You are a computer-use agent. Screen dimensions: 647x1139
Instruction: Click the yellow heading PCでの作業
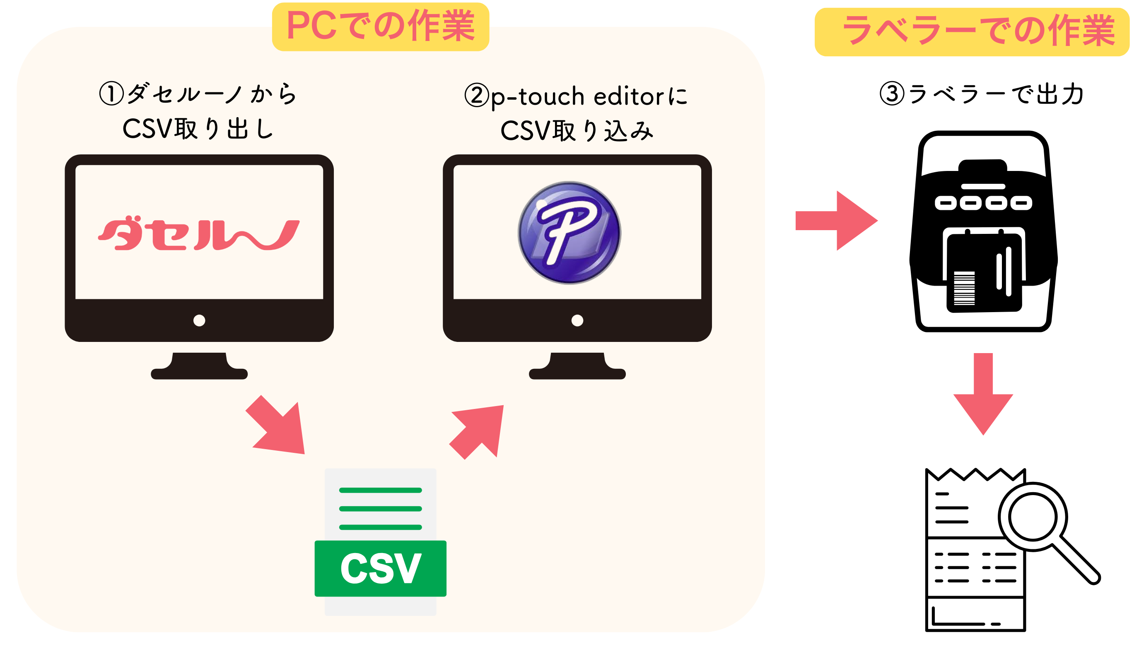tap(381, 26)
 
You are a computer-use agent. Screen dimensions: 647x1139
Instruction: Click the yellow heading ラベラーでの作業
tap(972, 31)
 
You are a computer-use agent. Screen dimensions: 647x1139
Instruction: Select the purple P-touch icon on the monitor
tap(569, 232)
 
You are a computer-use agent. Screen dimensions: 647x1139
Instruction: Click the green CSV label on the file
tap(380, 568)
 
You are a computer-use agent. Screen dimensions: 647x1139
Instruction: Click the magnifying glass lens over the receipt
tap(1032, 517)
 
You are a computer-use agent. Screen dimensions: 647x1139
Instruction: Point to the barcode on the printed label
tap(964, 288)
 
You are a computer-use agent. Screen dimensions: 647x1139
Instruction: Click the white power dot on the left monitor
tap(199, 320)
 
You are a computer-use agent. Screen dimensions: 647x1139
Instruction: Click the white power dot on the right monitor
tap(577, 320)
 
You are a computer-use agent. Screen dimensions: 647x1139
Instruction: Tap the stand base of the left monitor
tap(199, 373)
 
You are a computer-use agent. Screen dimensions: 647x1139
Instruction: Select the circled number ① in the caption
tap(111, 94)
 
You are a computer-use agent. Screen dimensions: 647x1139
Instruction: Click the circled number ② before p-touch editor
tap(476, 96)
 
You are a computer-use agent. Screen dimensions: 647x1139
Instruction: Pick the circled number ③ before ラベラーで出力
tap(892, 94)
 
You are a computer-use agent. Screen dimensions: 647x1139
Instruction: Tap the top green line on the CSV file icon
tap(380, 490)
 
